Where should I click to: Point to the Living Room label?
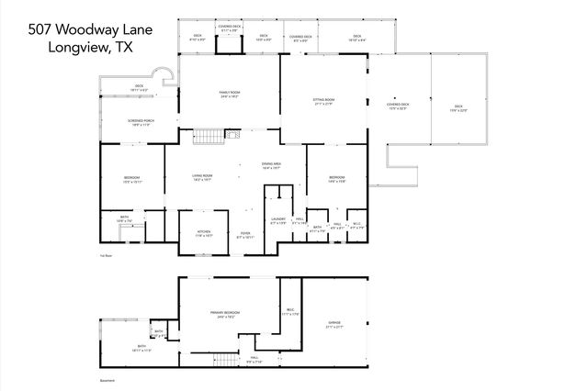pos(202,177)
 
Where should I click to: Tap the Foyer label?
pos(245,235)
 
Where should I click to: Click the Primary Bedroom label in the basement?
pos(223,315)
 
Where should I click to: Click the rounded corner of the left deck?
pos(164,76)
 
